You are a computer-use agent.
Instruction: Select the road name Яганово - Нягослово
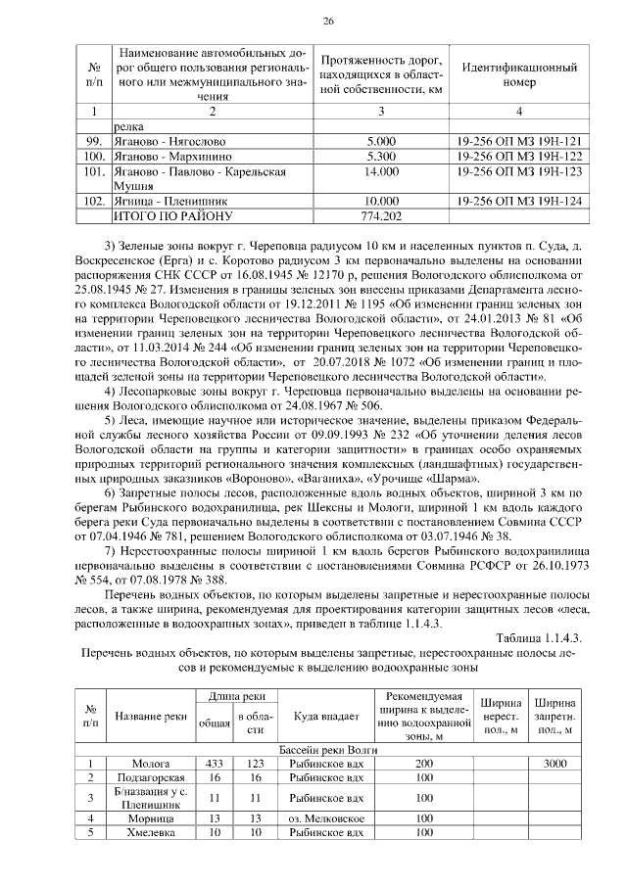pyautogui.click(x=162, y=141)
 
